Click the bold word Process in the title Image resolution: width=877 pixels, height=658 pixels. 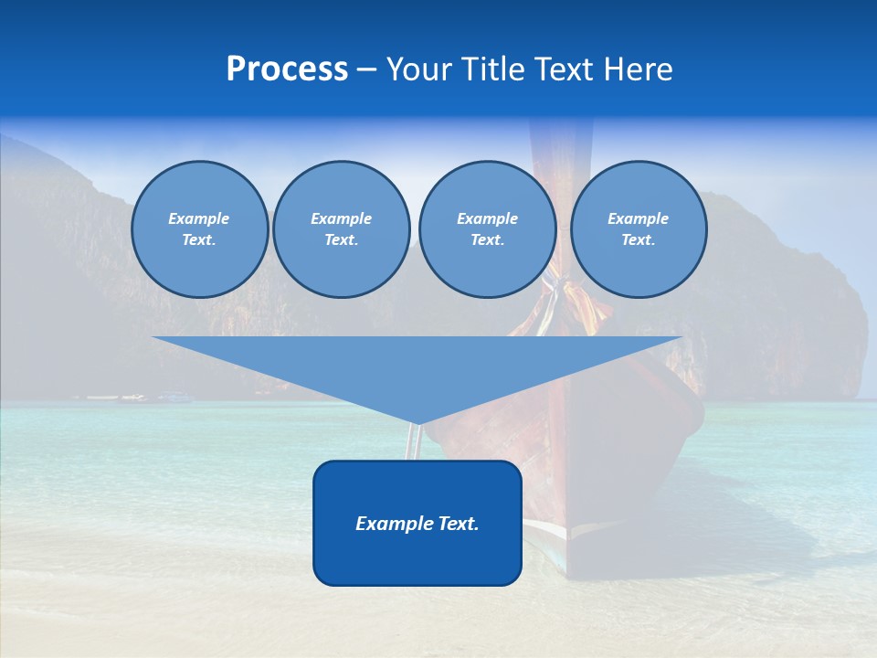(x=287, y=69)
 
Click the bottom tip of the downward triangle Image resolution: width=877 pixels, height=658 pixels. (x=417, y=423)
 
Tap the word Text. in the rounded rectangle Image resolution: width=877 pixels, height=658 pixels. (x=459, y=524)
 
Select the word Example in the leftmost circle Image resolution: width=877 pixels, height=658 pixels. (x=199, y=218)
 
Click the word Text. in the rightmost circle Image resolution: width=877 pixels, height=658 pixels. (x=638, y=239)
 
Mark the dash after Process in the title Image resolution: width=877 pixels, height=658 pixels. (x=366, y=69)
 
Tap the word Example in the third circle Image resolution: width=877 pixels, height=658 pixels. (x=487, y=218)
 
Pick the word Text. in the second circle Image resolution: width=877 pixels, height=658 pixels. (x=341, y=239)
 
